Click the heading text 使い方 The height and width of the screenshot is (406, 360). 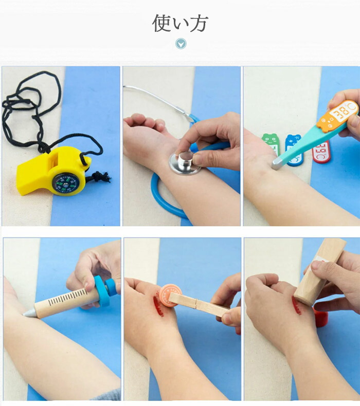tap(180, 23)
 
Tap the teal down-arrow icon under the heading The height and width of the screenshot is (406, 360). tap(181, 44)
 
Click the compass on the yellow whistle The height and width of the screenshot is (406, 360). tap(66, 183)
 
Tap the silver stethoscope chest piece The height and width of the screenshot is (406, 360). tap(185, 162)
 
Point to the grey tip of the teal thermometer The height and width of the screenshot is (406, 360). tap(277, 164)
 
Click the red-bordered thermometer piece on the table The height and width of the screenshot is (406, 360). tap(321, 152)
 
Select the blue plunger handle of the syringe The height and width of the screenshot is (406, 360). tap(104, 290)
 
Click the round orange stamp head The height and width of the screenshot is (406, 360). tap(170, 295)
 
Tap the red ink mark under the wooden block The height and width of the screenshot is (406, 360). tap(296, 306)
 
